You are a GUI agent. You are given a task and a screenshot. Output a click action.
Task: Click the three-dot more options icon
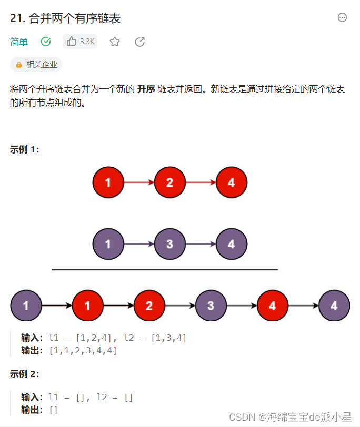coord(342,18)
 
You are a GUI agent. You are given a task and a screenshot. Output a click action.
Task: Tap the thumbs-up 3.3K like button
coord(80,42)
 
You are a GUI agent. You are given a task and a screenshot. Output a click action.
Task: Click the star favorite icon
coord(115,42)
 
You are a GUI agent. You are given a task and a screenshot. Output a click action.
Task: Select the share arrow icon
coord(139,42)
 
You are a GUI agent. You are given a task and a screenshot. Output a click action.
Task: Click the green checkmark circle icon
coord(46,42)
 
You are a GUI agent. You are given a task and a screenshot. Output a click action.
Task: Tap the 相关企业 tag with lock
coord(36,65)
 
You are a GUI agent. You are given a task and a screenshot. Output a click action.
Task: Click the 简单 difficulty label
coord(19,42)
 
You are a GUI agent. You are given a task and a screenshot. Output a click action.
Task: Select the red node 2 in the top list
coord(169,183)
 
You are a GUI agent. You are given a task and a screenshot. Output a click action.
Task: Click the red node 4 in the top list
coord(231,183)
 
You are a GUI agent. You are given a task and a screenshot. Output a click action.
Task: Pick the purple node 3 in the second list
coord(169,245)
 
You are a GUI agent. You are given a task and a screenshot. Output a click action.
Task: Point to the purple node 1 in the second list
coord(108,245)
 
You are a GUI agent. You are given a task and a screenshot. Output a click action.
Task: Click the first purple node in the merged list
coord(26,306)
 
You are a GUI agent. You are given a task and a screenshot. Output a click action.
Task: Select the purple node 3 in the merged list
coord(211,306)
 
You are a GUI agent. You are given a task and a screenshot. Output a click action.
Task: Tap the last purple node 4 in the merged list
coord(334,306)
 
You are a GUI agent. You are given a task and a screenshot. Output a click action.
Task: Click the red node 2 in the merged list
coord(149,306)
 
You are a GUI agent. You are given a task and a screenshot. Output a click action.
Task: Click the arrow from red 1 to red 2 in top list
coord(138,183)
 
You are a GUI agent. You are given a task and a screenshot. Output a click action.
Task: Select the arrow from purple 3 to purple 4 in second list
coord(200,245)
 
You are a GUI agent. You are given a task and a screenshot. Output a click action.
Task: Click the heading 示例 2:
coord(24,374)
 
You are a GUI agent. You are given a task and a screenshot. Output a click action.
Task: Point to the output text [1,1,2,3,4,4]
coord(82,350)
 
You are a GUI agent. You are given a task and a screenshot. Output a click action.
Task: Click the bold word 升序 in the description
coord(145,89)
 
